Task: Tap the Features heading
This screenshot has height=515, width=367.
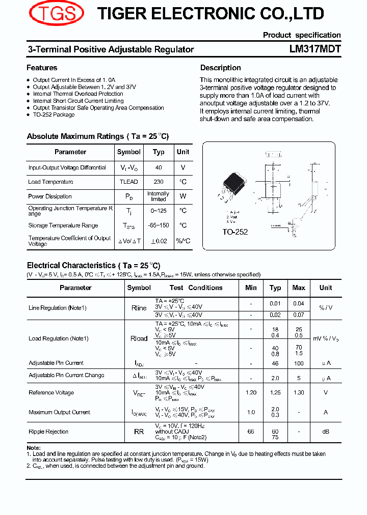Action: click(42, 68)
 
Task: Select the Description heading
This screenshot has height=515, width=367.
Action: click(220, 68)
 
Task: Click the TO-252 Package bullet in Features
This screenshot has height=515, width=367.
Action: click(54, 115)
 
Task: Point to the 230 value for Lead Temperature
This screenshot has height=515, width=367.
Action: click(159, 182)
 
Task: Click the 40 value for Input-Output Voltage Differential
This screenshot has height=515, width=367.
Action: click(159, 167)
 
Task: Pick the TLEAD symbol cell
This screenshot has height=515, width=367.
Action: click(128, 182)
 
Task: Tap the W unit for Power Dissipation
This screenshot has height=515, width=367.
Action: click(183, 196)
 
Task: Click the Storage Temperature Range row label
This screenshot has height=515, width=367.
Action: click(63, 225)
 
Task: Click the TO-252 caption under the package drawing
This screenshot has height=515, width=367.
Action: click(234, 232)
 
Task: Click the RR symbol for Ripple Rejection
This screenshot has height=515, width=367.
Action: click(139, 432)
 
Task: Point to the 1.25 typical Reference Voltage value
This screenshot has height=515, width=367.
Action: click(275, 392)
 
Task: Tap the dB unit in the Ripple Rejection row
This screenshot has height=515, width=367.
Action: click(325, 432)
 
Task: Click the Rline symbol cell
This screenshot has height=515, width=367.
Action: click(139, 308)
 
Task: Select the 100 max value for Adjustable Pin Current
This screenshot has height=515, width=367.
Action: click(299, 363)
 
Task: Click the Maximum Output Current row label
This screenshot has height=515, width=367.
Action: click(60, 412)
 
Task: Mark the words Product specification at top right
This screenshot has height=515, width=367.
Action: click(302, 35)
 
